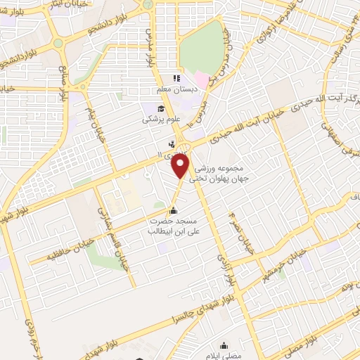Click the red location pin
[182, 166]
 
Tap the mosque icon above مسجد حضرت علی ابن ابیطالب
[174, 210]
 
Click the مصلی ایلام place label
[224, 356]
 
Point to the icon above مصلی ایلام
[224, 345]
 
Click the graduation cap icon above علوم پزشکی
[161, 108]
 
